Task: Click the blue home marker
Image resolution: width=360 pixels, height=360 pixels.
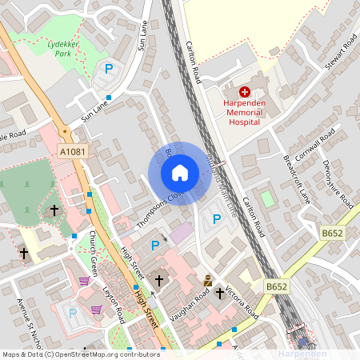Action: [x=180, y=173]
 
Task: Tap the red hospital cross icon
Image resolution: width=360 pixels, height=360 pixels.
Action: [x=245, y=94]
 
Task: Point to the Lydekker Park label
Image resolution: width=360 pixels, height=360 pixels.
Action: [x=60, y=50]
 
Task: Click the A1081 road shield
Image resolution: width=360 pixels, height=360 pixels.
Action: [x=72, y=151]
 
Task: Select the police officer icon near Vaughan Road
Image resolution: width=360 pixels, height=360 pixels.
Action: [x=207, y=280]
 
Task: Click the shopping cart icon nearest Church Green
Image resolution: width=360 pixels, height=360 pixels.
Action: [x=84, y=280]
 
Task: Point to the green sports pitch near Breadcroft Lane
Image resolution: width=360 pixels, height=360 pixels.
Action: [x=266, y=197]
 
